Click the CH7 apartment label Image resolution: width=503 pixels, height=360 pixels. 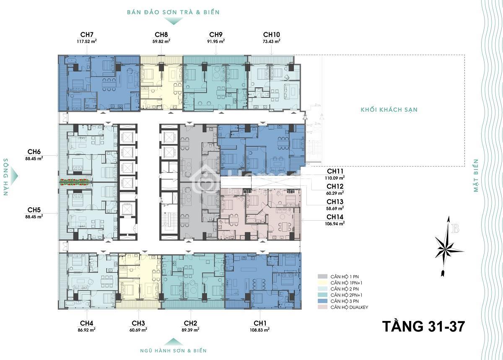click(x=87, y=34)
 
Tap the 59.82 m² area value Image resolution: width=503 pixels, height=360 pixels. click(x=161, y=42)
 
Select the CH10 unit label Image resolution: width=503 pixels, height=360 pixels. click(x=272, y=34)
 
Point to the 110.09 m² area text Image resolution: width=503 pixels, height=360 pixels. click(x=335, y=178)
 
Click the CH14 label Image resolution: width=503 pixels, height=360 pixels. click(x=335, y=217)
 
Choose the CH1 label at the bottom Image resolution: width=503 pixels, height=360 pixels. click(x=260, y=323)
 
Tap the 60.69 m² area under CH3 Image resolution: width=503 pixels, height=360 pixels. click(x=138, y=330)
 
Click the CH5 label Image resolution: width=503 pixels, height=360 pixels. click(x=34, y=210)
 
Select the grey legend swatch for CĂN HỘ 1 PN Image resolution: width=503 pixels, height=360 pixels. click(x=322, y=277)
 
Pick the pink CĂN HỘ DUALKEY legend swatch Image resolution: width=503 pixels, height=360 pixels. click(x=322, y=307)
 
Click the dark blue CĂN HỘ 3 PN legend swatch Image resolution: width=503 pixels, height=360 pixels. click(x=322, y=301)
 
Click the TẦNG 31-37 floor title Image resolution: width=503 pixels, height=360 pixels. click(x=423, y=326)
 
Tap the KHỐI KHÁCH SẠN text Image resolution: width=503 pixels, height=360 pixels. click(x=389, y=110)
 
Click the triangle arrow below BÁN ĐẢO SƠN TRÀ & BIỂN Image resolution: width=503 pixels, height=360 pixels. click(x=173, y=21)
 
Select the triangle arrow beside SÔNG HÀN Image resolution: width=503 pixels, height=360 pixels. click(x=14, y=176)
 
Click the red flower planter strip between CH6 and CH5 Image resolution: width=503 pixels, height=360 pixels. click(x=75, y=182)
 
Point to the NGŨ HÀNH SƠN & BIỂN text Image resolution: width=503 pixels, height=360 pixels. click(x=173, y=351)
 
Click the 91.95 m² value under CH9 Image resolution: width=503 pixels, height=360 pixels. click(x=216, y=42)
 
